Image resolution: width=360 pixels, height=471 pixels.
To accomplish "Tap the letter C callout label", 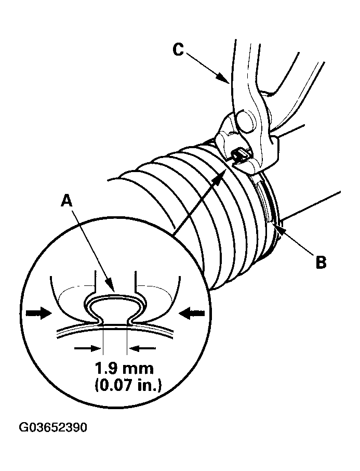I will click(x=178, y=49).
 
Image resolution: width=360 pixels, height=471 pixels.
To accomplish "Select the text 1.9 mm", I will click(x=124, y=369).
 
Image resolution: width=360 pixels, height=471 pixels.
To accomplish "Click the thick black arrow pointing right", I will click(x=39, y=312).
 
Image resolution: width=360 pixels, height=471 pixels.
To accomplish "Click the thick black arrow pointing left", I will click(x=192, y=312).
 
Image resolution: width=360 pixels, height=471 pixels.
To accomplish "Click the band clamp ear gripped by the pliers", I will click(x=240, y=154).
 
